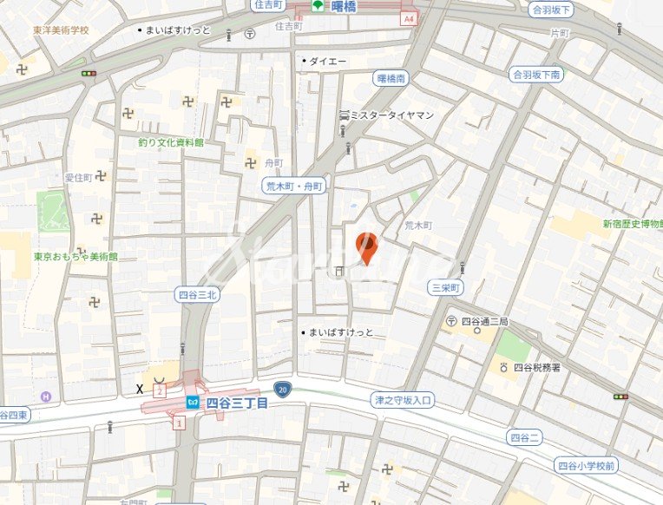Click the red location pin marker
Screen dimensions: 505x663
coord(367,247)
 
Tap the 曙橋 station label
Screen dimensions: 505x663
coord(345,6)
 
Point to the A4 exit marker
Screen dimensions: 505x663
coord(409,17)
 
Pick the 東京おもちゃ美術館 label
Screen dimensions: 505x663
coord(75,257)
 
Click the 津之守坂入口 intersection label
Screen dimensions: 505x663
coord(403,400)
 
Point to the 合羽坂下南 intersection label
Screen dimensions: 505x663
coord(536,75)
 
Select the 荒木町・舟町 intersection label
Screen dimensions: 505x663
coord(294,187)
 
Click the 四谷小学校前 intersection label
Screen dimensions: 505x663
coord(588,466)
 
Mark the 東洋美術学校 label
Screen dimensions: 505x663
coord(61,30)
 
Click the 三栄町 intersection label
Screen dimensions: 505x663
coord(447,287)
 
